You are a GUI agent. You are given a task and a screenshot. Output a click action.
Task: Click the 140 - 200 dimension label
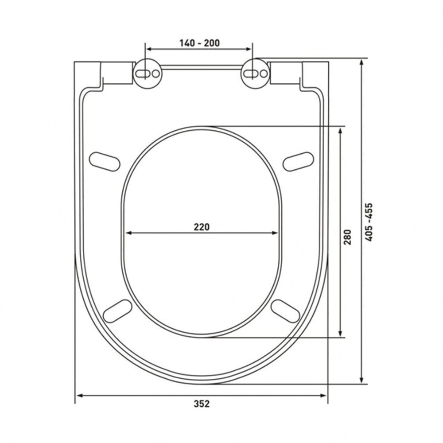point(199,43)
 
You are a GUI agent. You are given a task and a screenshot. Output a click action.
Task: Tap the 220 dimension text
point(202,227)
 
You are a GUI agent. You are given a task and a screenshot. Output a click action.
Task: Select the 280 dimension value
point(347,237)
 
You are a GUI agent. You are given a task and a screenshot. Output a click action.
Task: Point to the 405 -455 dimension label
point(369,222)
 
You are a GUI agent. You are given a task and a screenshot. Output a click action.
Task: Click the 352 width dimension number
point(202,404)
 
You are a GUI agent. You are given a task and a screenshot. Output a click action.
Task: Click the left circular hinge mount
point(147,74)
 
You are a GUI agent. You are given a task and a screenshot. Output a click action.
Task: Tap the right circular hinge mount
point(255,74)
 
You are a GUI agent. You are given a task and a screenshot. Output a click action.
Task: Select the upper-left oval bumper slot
point(105,162)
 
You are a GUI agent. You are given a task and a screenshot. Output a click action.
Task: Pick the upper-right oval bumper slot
point(298,162)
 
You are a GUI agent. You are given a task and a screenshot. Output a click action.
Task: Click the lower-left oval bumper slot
point(117,311)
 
